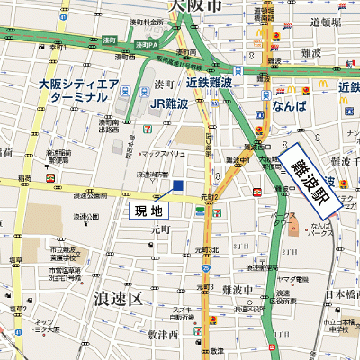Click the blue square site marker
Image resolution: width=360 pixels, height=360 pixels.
177,185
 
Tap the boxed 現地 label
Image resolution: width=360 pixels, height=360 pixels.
149,211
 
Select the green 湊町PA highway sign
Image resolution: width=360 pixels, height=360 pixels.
145,43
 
